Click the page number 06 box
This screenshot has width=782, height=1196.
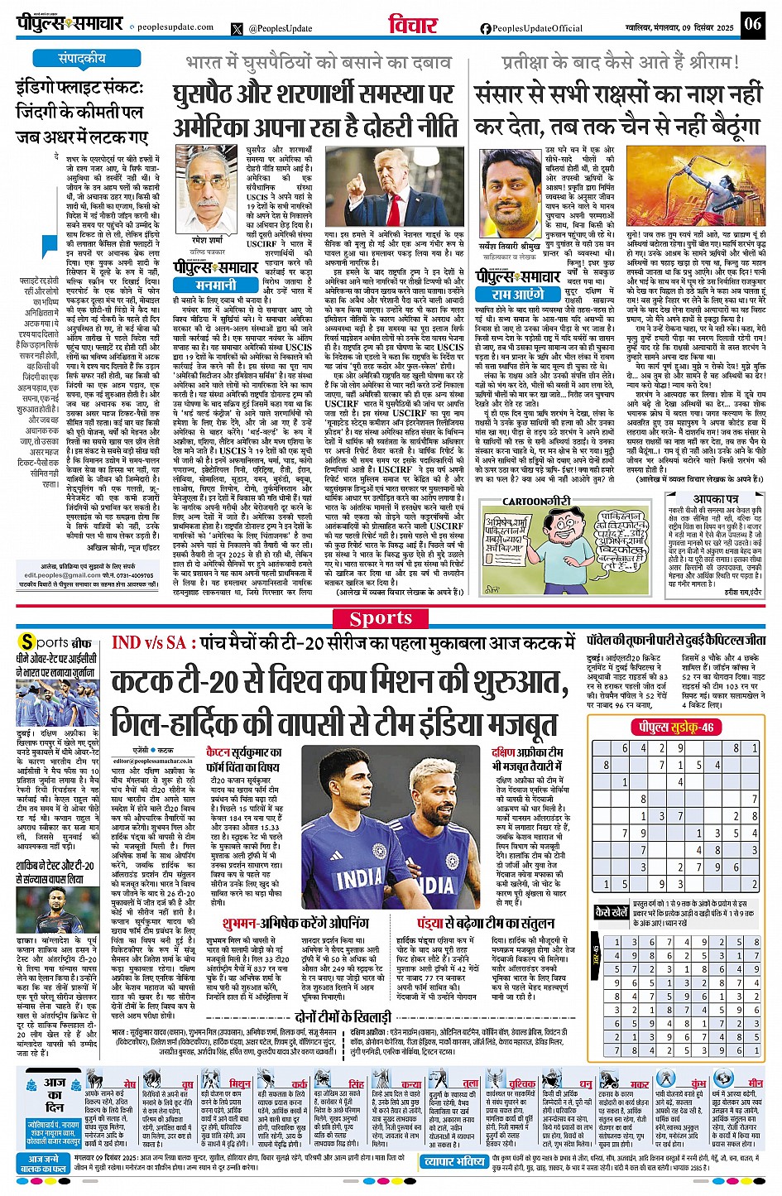752,24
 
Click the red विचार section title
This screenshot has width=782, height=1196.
414,26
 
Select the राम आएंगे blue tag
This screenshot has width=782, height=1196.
518,295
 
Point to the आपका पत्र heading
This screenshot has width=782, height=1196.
716,499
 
